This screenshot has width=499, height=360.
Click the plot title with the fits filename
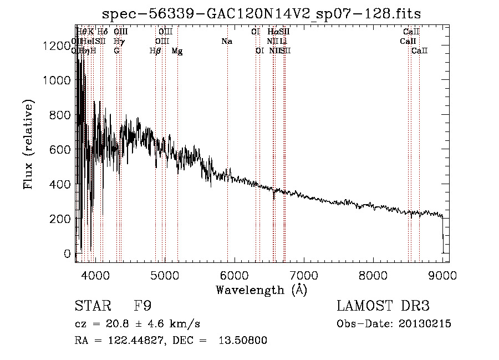point(262,13)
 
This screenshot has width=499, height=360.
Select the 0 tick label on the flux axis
point(67,253)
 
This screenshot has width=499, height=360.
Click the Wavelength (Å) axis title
point(261,290)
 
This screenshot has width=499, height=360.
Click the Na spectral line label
point(226,41)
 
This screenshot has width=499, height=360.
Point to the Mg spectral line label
point(177,51)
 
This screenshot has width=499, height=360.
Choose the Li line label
point(283,41)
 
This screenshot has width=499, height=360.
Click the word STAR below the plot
point(92,306)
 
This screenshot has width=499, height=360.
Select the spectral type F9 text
point(142,306)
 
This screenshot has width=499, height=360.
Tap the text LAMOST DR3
point(383,306)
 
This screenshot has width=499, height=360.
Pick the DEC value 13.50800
point(244,341)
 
